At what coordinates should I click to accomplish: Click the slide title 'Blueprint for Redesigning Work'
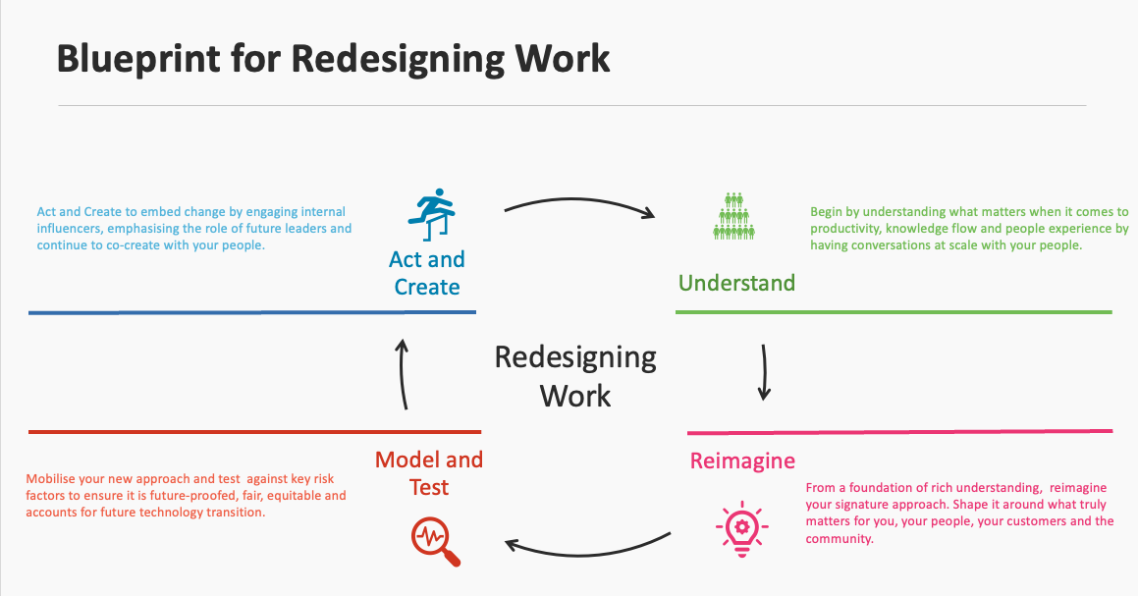click(x=333, y=59)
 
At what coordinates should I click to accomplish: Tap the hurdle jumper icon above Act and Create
click(x=429, y=213)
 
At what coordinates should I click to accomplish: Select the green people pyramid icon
click(x=733, y=216)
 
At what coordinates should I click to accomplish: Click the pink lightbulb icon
click(x=742, y=528)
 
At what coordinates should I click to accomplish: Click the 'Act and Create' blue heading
click(x=427, y=273)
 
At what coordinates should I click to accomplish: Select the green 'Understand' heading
click(x=736, y=284)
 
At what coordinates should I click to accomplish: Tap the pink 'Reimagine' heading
click(x=742, y=461)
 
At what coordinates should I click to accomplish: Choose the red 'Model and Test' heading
click(x=429, y=473)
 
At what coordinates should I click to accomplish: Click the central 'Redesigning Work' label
click(x=575, y=376)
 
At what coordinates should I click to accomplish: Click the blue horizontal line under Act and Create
click(x=252, y=312)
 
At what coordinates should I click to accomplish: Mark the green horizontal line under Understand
click(x=894, y=312)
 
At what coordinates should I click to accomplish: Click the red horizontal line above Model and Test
click(x=255, y=431)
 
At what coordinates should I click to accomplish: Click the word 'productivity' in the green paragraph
click(x=840, y=229)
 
